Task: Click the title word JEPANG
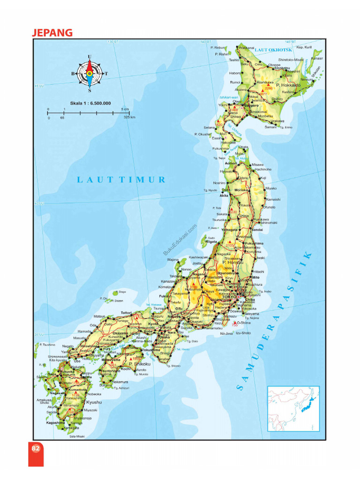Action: pos(52,32)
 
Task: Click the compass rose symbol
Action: pos(89,73)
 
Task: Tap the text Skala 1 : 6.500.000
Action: pos(91,103)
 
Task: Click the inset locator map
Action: pos(293,408)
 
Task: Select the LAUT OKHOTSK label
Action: pos(274,49)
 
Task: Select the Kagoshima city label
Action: pos(55,422)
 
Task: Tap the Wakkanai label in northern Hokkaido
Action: pos(247,48)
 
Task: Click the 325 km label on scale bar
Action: pos(129,118)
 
